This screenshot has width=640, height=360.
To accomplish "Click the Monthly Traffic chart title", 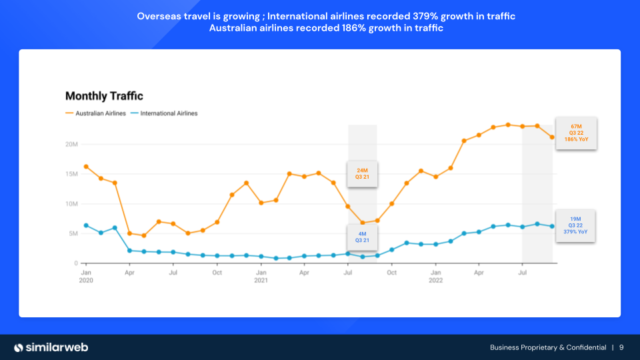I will tap(104, 97).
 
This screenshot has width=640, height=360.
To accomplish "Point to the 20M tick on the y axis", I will tap(71, 145).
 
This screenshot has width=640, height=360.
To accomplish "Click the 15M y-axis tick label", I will tap(71, 175).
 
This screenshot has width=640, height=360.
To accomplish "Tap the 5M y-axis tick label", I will tap(73, 234).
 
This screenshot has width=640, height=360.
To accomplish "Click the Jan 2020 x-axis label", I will tap(86, 277).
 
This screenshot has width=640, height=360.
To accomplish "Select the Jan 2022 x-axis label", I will tap(435, 277).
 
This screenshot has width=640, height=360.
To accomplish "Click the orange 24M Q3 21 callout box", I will tap(362, 173).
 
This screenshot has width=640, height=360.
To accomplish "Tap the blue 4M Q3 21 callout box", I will tap(362, 237).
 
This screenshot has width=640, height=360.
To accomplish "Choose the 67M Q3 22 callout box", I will tap(577, 133).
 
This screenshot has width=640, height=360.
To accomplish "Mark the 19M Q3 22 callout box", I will tap(574, 225).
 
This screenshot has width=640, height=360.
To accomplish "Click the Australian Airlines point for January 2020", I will tap(86, 167).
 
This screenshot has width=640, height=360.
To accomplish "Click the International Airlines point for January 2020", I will tap(86, 225).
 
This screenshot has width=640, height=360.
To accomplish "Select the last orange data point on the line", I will tap(552, 137).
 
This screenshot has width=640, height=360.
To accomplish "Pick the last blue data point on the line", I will tap(552, 227).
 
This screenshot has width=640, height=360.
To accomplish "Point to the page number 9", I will tap(621, 347).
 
